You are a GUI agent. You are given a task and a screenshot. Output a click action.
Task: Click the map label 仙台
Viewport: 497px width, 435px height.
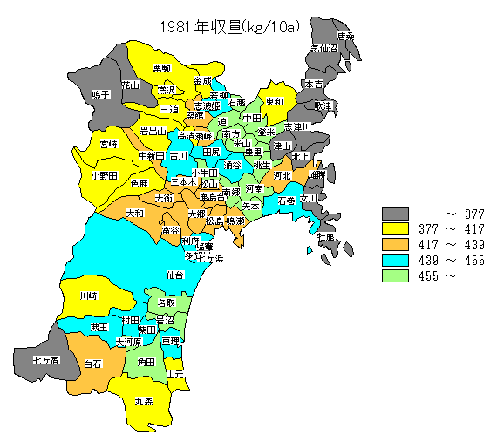click(175, 275)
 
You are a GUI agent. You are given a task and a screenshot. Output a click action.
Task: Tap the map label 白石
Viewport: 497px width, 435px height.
click(92, 364)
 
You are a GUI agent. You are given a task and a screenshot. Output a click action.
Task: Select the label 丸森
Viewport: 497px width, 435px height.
click(143, 402)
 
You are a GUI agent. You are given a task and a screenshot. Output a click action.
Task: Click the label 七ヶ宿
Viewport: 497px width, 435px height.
click(45, 360)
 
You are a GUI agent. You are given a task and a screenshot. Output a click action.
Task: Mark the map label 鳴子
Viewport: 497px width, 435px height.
click(101, 94)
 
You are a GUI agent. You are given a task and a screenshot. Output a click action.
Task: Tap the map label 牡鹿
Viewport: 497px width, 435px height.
click(325, 236)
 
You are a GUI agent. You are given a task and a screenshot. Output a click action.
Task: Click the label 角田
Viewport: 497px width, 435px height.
click(146, 361)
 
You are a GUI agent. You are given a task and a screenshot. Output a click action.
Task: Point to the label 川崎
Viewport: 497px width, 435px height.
click(88, 296)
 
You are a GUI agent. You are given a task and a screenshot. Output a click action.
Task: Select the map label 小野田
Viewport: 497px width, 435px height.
click(103, 174)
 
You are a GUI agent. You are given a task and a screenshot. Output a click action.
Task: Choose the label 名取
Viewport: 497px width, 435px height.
click(166, 302)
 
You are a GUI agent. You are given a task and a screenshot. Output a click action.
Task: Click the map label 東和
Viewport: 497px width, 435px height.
click(274, 102)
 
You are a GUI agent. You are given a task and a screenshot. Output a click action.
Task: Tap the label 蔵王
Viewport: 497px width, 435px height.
click(99, 326)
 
